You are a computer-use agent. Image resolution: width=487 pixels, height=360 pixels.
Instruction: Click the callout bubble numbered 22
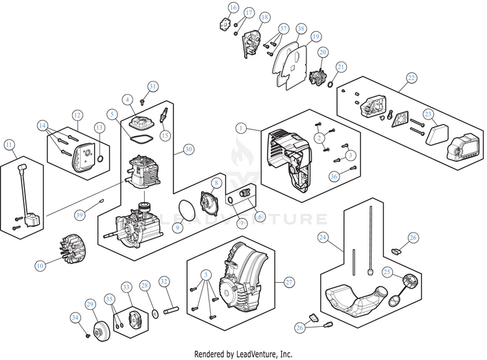click(x=411, y=78)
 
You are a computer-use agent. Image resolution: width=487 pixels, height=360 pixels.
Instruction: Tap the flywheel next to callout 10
click(x=73, y=248)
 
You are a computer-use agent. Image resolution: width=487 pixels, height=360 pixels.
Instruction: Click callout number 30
click(x=188, y=149)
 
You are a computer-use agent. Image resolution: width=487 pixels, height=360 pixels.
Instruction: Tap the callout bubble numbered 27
click(x=289, y=282)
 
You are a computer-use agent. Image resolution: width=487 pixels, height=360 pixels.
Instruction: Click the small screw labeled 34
click(x=88, y=336)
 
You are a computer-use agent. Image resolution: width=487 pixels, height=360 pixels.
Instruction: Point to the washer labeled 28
click(x=155, y=313)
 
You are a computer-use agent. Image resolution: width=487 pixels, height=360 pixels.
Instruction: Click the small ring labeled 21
click(x=331, y=84)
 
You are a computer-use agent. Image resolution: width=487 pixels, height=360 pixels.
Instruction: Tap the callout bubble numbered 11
click(x=9, y=144)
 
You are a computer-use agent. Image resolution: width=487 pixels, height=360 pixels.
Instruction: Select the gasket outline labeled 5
click(x=140, y=139)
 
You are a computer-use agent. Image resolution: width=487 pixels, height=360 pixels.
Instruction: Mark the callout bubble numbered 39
click(x=79, y=215)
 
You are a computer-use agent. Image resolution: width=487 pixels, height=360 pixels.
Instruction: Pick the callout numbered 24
click(x=323, y=238)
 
